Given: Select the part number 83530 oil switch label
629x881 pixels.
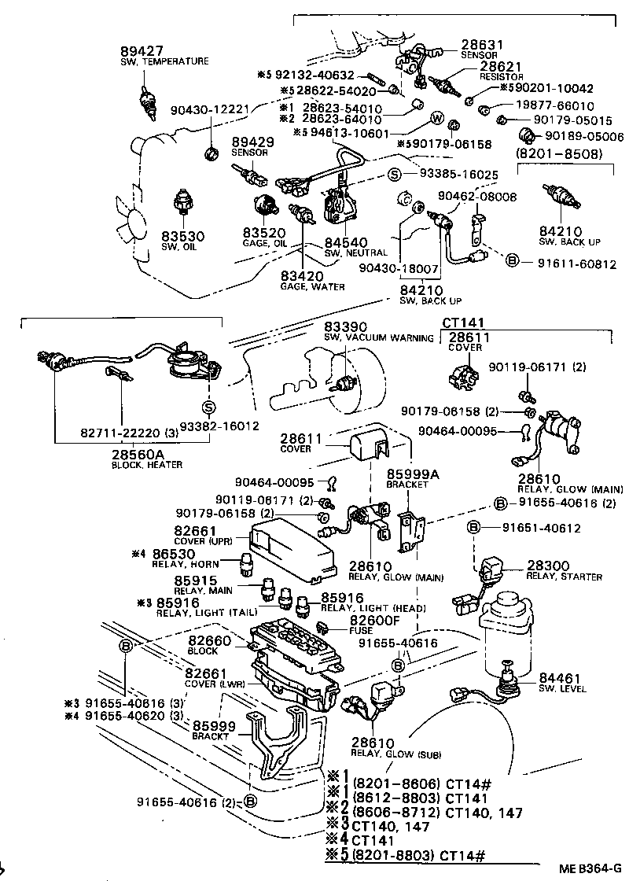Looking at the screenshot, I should pyautogui.click(x=183, y=236).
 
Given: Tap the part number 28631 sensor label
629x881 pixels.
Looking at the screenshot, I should pyautogui.click(x=482, y=45).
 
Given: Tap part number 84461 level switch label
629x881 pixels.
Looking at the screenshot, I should pyautogui.click(x=560, y=677).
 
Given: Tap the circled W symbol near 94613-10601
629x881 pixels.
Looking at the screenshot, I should pyautogui.click(x=434, y=119).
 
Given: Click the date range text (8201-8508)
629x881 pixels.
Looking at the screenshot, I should pyautogui.click(x=565, y=153).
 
